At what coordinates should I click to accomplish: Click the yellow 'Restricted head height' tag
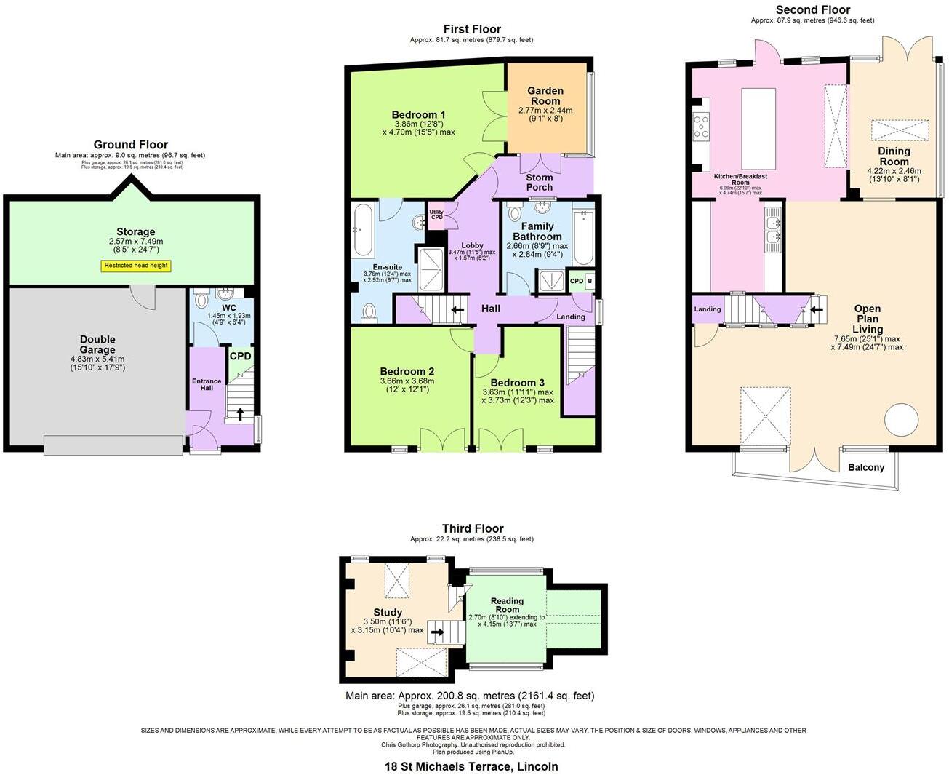(136, 266)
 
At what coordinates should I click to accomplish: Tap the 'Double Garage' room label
(97, 345)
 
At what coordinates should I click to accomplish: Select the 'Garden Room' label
(545, 96)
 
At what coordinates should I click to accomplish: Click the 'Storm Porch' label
(540, 182)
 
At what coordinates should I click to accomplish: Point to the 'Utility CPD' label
(436, 215)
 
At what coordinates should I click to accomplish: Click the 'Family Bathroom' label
(537, 231)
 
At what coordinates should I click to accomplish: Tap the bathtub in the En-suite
(362, 230)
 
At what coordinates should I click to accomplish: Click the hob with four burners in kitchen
(701, 127)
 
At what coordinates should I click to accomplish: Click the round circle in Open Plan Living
(902, 420)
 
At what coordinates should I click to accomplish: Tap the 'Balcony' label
(866, 467)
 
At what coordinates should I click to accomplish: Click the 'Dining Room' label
(894, 156)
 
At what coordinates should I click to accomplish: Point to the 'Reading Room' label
(507, 605)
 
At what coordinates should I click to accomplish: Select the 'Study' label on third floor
(388, 613)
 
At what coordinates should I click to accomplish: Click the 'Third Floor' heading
(473, 528)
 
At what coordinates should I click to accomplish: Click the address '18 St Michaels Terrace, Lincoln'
(471, 766)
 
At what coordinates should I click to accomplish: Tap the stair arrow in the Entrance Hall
(239, 413)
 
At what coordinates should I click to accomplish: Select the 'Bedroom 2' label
(407, 371)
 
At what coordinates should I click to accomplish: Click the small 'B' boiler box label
(590, 281)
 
